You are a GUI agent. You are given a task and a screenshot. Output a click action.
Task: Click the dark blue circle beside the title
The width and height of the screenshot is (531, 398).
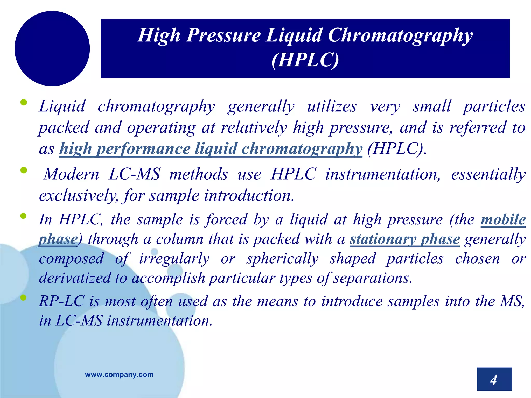pos(52,48)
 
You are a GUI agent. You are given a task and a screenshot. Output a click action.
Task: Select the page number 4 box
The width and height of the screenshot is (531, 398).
pos(494,379)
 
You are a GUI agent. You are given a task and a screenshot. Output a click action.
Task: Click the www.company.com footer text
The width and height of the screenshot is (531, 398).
pos(119,374)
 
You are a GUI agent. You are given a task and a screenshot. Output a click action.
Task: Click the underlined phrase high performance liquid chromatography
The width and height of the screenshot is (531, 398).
pos(211,149)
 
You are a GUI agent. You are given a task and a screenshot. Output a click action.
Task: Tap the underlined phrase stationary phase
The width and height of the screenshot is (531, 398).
pos(405,239)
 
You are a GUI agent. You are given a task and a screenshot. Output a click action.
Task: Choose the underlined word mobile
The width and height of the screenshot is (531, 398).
pos(503,219)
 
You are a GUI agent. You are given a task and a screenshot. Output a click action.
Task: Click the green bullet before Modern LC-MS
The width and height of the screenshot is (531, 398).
pos(23,170)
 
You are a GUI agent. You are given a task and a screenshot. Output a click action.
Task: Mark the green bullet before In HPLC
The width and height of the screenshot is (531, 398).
pos(23,216)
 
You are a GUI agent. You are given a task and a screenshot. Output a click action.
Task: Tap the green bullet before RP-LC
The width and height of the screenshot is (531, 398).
pos(23,297)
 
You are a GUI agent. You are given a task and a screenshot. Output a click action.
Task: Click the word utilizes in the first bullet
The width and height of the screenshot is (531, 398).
pos(332,106)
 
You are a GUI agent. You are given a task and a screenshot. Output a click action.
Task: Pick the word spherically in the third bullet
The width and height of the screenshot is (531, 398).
pos(282,259)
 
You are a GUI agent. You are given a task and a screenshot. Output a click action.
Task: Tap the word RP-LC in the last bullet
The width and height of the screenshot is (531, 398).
pos(62,301)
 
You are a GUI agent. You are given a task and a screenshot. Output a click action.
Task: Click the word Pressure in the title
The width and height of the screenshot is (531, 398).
pos(223,35)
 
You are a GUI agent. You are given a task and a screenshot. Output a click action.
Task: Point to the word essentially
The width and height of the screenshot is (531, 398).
pos(488,174)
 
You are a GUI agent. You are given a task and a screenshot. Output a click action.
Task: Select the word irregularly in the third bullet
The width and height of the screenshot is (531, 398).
pos(174,259)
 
